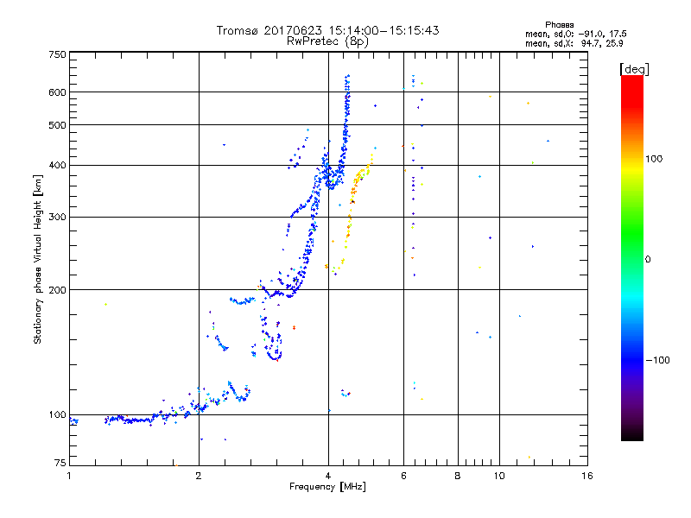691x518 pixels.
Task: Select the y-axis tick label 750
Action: click(x=57, y=54)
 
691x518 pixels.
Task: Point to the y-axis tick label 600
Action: click(x=57, y=92)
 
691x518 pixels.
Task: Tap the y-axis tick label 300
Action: click(x=57, y=218)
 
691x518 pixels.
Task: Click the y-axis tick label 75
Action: click(x=60, y=464)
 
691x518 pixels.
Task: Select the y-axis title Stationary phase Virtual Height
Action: click(x=38, y=250)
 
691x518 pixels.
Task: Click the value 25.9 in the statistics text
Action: click(x=614, y=42)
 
